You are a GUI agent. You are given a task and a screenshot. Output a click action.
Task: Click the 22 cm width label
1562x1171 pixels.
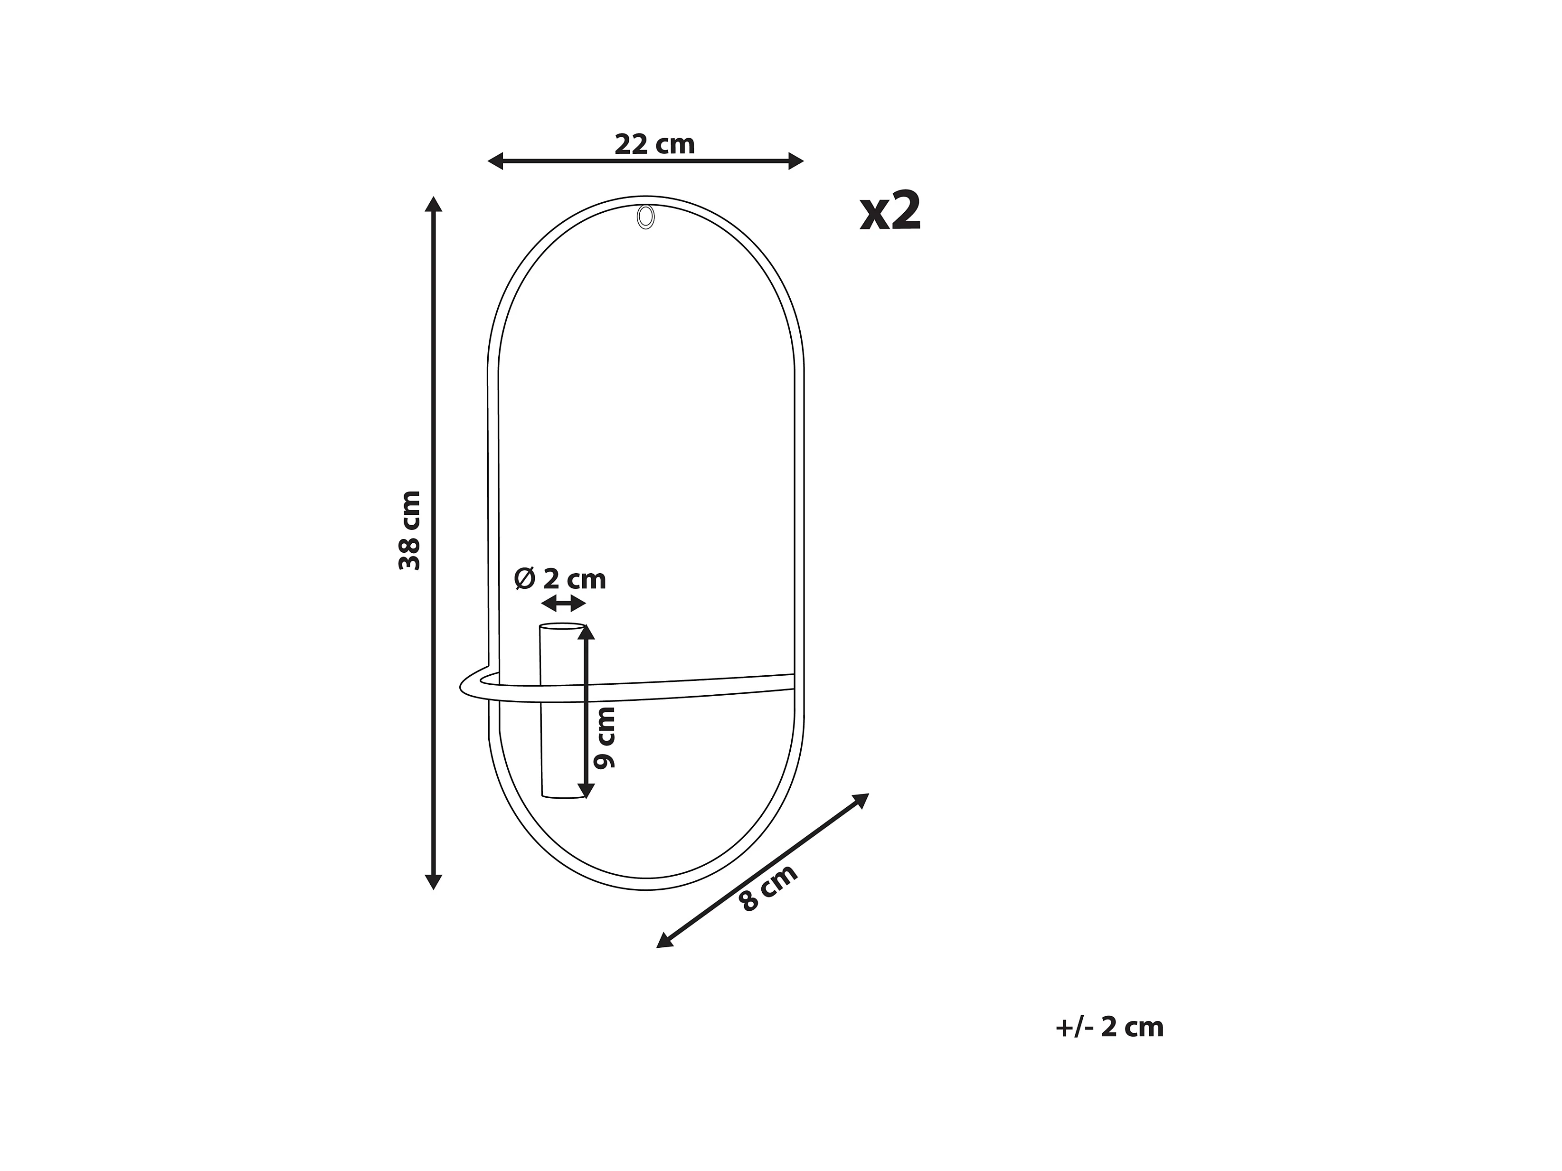(x=654, y=145)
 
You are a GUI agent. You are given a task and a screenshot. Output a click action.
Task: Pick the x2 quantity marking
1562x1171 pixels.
(x=890, y=211)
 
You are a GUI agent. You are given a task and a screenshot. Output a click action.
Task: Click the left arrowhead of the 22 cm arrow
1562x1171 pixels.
(x=495, y=161)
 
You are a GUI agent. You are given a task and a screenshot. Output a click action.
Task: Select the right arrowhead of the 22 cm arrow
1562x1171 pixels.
(x=796, y=161)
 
